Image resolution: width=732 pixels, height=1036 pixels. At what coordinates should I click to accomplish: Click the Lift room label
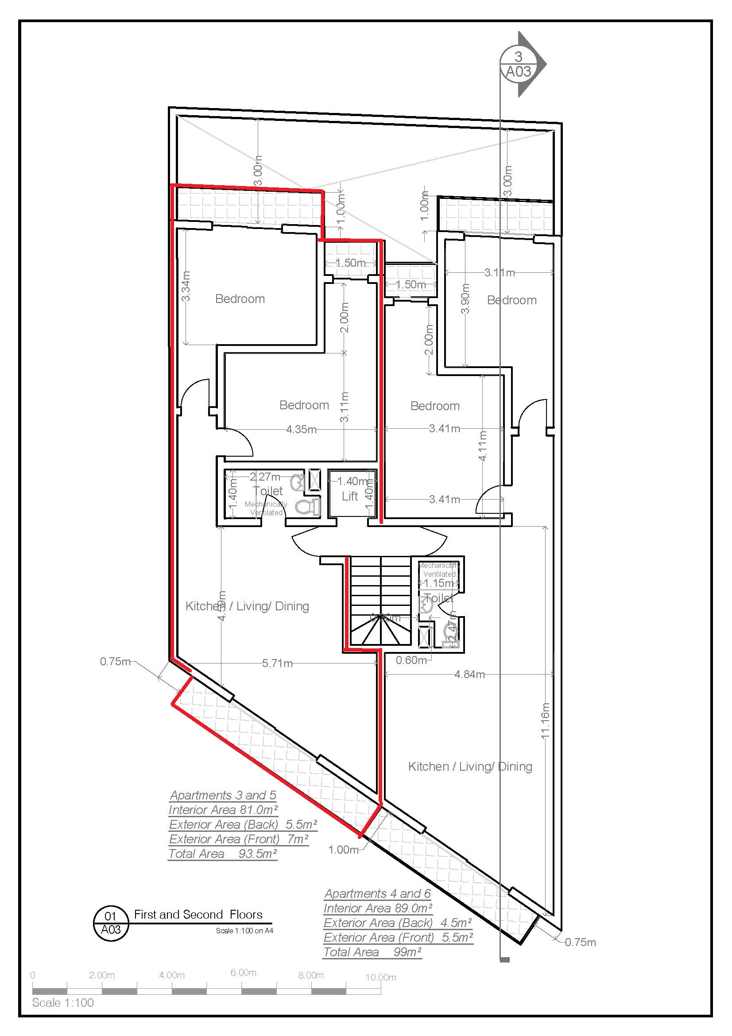(349, 497)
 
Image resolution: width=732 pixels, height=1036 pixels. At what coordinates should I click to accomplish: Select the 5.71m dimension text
(277, 664)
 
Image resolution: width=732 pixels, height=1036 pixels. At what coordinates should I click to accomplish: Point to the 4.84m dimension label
(469, 675)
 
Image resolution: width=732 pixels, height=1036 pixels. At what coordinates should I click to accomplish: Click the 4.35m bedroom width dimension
(301, 430)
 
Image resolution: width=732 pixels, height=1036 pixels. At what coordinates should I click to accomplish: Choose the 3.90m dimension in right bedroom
(465, 298)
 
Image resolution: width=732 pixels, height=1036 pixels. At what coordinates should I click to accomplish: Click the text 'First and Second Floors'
(198, 915)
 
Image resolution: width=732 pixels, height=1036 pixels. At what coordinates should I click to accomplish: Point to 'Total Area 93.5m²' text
(222, 854)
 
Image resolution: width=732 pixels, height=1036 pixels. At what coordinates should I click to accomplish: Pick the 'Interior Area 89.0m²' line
(378, 909)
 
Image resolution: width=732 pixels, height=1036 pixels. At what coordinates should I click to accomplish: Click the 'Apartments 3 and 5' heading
(223, 795)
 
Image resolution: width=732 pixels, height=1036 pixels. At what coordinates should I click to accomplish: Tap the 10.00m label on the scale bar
(381, 978)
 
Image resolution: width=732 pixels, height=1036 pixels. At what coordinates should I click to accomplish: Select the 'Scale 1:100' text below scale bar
(63, 1003)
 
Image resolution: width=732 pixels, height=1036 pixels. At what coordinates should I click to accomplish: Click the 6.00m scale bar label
(243, 973)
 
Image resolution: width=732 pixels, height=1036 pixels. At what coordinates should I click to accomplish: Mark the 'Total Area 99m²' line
(372, 953)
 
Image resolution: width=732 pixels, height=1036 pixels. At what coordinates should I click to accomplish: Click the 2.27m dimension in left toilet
(265, 477)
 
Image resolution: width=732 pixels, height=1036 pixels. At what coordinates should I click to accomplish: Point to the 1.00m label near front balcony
(343, 850)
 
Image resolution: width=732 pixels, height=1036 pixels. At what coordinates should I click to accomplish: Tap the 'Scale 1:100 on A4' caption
(244, 931)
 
